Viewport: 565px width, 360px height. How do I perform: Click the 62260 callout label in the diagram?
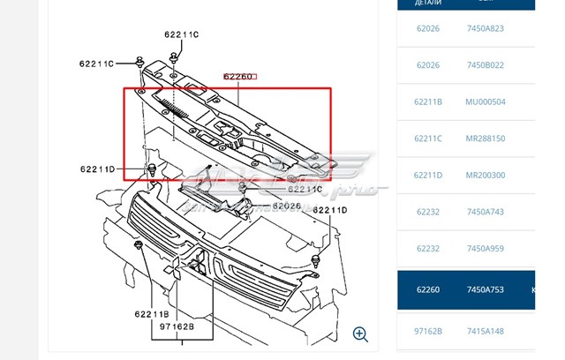coord(238,77)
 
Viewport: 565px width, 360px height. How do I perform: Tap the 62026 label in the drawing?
coord(287,207)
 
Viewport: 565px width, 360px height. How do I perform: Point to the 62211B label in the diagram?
coord(153,312)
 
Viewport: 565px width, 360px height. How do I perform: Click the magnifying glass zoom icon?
coord(360,334)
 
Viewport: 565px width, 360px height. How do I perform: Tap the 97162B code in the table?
coord(428,332)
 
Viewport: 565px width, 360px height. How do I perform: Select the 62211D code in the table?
coord(428,176)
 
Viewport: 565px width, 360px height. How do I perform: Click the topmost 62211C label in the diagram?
coord(182,34)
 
